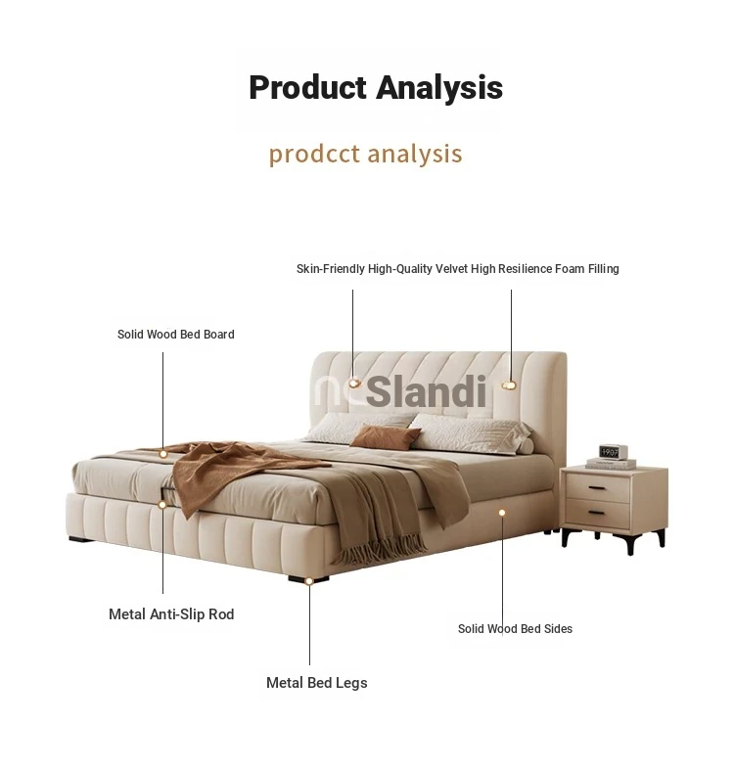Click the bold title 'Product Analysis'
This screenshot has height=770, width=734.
pyautogui.click(x=376, y=88)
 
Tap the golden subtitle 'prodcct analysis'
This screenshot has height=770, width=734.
pyautogui.click(x=365, y=154)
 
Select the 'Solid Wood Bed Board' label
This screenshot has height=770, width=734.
pyautogui.click(x=175, y=335)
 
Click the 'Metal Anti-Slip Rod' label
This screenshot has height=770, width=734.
pyautogui.click(x=171, y=614)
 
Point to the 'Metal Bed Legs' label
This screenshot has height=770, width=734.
pyautogui.click(x=316, y=683)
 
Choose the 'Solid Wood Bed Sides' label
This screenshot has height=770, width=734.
pyautogui.click(x=515, y=629)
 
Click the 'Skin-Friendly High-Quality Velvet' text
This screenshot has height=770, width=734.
pyautogui.click(x=383, y=269)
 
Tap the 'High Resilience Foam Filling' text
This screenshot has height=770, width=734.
pyautogui.click(x=545, y=269)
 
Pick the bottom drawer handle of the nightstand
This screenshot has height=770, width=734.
pyautogui.click(x=597, y=514)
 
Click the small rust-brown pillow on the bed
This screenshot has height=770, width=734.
pyautogui.click(x=386, y=437)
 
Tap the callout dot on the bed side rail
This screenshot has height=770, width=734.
pyautogui.click(x=502, y=513)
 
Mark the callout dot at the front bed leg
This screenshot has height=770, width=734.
pyautogui.click(x=309, y=581)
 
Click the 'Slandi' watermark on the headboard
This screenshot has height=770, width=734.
pyautogui.click(x=426, y=391)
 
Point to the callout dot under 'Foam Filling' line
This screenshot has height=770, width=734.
pyautogui.click(x=510, y=385)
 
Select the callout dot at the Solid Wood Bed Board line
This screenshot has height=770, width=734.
pyautogui.click(x=163, y=454)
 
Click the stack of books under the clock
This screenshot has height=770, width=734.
pyautogui.click(x=611, y=464)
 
